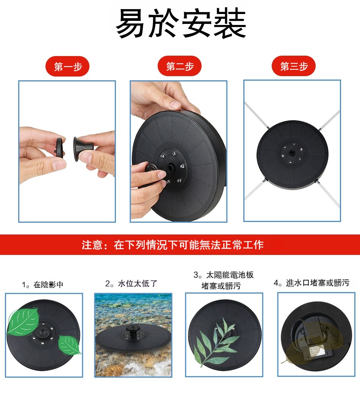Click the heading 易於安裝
pyautogui.click(x=181, y=23)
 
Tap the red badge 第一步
pyautogui.click(x=68, y=66)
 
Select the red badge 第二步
pyautogui.click(x=180, y=66)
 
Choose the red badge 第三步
pyautogui.click(x=294, y=66)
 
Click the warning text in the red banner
pyautogui.click(x=173, y=245)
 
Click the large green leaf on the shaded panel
pyautogui.click(x=22, y=321)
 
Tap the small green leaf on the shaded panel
pyautogui.click(x=69, y=345)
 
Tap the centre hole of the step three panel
pyautogui.click(x=292, y=153)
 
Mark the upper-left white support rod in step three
pyautogui.click(x=257, y=115)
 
